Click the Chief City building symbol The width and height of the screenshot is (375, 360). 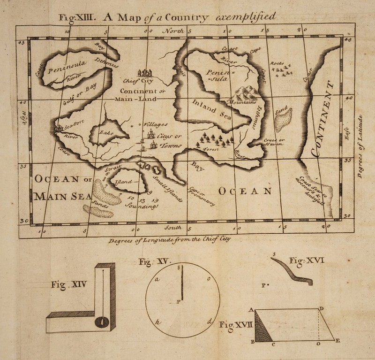point(145,72)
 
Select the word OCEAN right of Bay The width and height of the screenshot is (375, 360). point(245,191)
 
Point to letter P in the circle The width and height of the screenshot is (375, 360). point(178,302)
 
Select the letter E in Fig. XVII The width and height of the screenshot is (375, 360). point(337,341)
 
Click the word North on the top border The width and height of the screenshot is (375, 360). point(172,31)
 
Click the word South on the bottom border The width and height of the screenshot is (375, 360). point(173,228)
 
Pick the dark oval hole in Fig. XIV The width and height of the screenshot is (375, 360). point(102,322)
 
